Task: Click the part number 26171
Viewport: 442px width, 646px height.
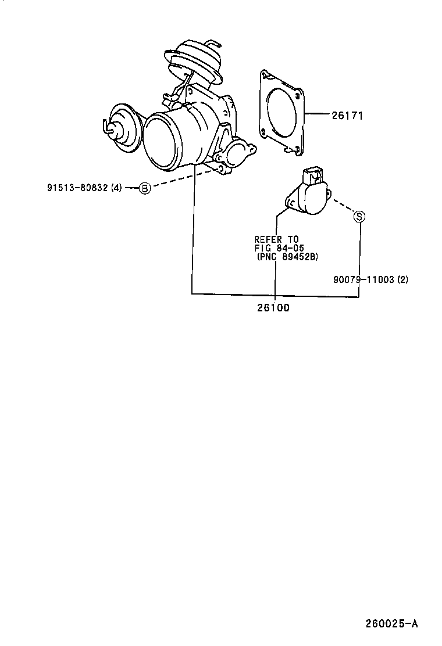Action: [347, 116]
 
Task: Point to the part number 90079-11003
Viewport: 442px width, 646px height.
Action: [363, 279]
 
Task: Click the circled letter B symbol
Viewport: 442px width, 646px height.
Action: [144, 188]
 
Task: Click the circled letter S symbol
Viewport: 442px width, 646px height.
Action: [359, 216]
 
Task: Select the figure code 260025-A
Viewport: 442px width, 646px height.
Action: [391, 625]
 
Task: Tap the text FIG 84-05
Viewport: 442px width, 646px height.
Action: [280, 248]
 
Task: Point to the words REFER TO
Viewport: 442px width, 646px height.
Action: [276, 239]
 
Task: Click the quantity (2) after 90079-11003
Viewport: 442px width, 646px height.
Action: [402, 279]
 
